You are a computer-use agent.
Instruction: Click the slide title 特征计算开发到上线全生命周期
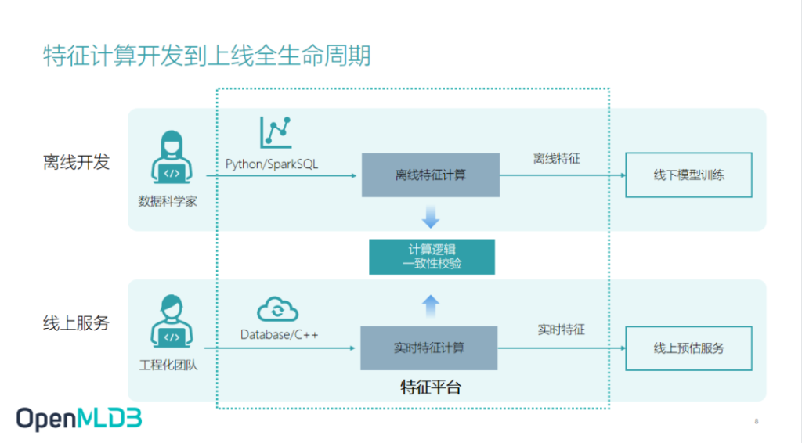207,56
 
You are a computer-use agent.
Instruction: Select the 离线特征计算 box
431,175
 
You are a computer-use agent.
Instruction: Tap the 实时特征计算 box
429,348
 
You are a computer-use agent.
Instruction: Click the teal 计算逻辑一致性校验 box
432,257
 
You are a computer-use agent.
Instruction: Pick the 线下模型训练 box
689,175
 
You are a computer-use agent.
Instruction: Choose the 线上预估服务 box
689,348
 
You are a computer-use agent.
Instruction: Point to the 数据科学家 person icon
172,157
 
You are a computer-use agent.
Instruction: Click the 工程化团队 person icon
172,321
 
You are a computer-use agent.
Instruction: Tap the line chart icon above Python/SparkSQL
276,133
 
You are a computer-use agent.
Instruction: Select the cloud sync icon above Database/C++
278,309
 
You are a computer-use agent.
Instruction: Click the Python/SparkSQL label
272,164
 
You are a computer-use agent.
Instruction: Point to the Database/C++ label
280,335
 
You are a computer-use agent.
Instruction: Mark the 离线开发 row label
76,163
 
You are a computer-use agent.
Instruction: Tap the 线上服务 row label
76,323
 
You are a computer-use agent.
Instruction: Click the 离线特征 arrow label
557,159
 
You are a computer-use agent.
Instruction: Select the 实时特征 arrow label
561,330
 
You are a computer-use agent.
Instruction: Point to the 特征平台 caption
431,387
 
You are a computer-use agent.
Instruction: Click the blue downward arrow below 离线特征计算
431,217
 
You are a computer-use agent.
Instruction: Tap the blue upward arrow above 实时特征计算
431,306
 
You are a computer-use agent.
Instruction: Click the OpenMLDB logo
79,419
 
